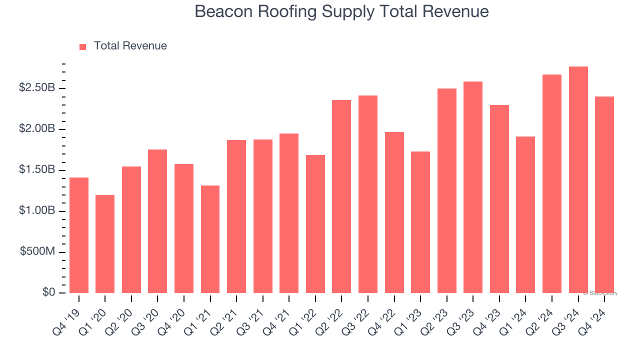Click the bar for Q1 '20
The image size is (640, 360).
[x=105, y=244]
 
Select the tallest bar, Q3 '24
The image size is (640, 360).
[x=578, y=180]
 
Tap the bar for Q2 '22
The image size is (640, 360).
[x=341, y=196]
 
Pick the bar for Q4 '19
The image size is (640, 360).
[x=79, y=235]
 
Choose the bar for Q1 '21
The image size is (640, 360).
[x=210, y=239]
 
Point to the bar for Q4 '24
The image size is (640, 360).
[x=604, y=195]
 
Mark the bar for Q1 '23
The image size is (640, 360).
[x=420, y=222]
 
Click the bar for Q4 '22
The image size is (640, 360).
[x=394, y=212]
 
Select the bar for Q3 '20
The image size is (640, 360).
[x=157, y=221]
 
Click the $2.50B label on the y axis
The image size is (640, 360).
[x=37, y=88]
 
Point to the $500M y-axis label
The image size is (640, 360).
[x=38, y=251]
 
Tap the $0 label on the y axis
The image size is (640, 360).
[x=49, y=292]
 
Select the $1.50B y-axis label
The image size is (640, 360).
[x=37, y=170]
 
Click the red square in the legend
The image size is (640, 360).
[x=83, y=46]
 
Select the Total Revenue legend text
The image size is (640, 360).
[x=130, y=46]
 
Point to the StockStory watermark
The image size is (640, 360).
[x=600, y=293]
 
